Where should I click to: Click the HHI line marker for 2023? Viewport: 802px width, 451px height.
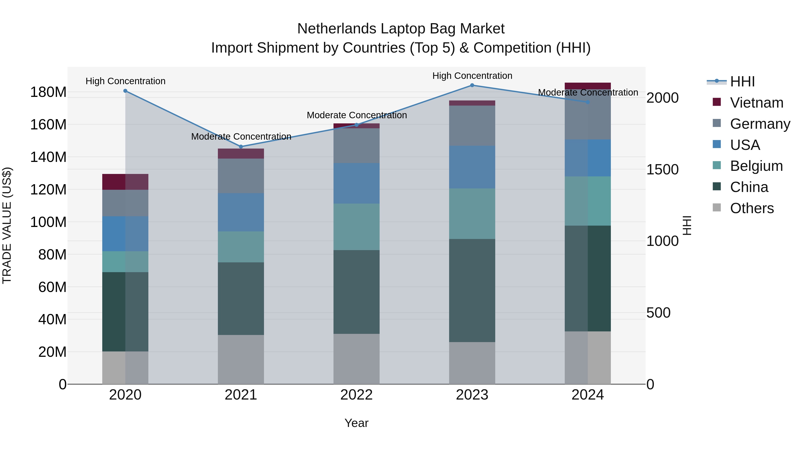472,85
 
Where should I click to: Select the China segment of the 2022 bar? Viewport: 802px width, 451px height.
356,292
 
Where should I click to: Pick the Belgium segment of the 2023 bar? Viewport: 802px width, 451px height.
472,214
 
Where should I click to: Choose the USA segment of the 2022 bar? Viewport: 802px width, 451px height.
356,184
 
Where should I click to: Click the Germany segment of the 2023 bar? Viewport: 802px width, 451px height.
472,126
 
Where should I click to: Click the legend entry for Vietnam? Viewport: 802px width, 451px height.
757,103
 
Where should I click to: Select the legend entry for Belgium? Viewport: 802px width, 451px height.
757,166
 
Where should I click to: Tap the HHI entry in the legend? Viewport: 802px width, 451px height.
742,82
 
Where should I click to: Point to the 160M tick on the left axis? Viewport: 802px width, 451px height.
48,124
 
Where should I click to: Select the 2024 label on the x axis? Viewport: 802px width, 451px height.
587,395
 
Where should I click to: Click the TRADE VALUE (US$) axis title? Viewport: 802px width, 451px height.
7,225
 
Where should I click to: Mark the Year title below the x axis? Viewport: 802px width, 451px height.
356,423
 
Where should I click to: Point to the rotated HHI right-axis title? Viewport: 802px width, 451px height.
687,225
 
